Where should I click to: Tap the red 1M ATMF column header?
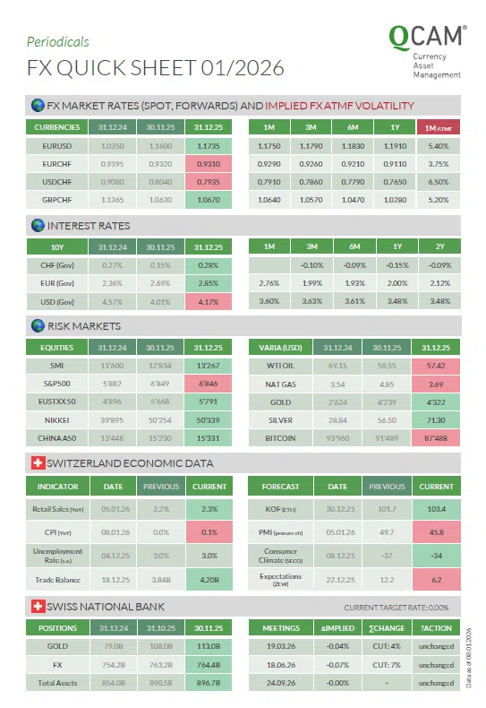pyautogui.click(x=438, y=127)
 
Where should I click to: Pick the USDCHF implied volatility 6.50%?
pyautogui.click(x=438, y=182)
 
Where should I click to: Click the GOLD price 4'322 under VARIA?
pyautogui.click(x=436, y=401)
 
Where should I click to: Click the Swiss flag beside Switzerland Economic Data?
pyautogui.click(x=38, y=463)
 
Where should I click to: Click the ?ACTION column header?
pyautogui.click(x=436, y=627)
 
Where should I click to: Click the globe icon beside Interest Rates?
pyautogui.click(x=38, y=226)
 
